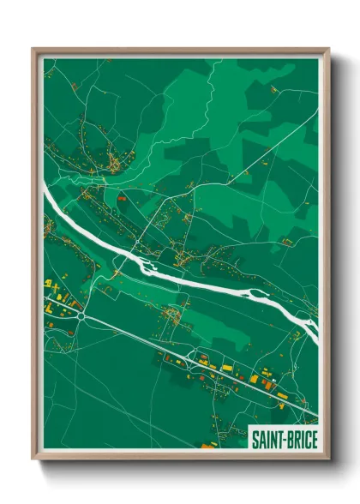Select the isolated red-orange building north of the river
point(121,199)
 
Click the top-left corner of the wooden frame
point(34,50)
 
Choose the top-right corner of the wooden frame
point(327,50)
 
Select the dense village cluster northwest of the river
point(111,159)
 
